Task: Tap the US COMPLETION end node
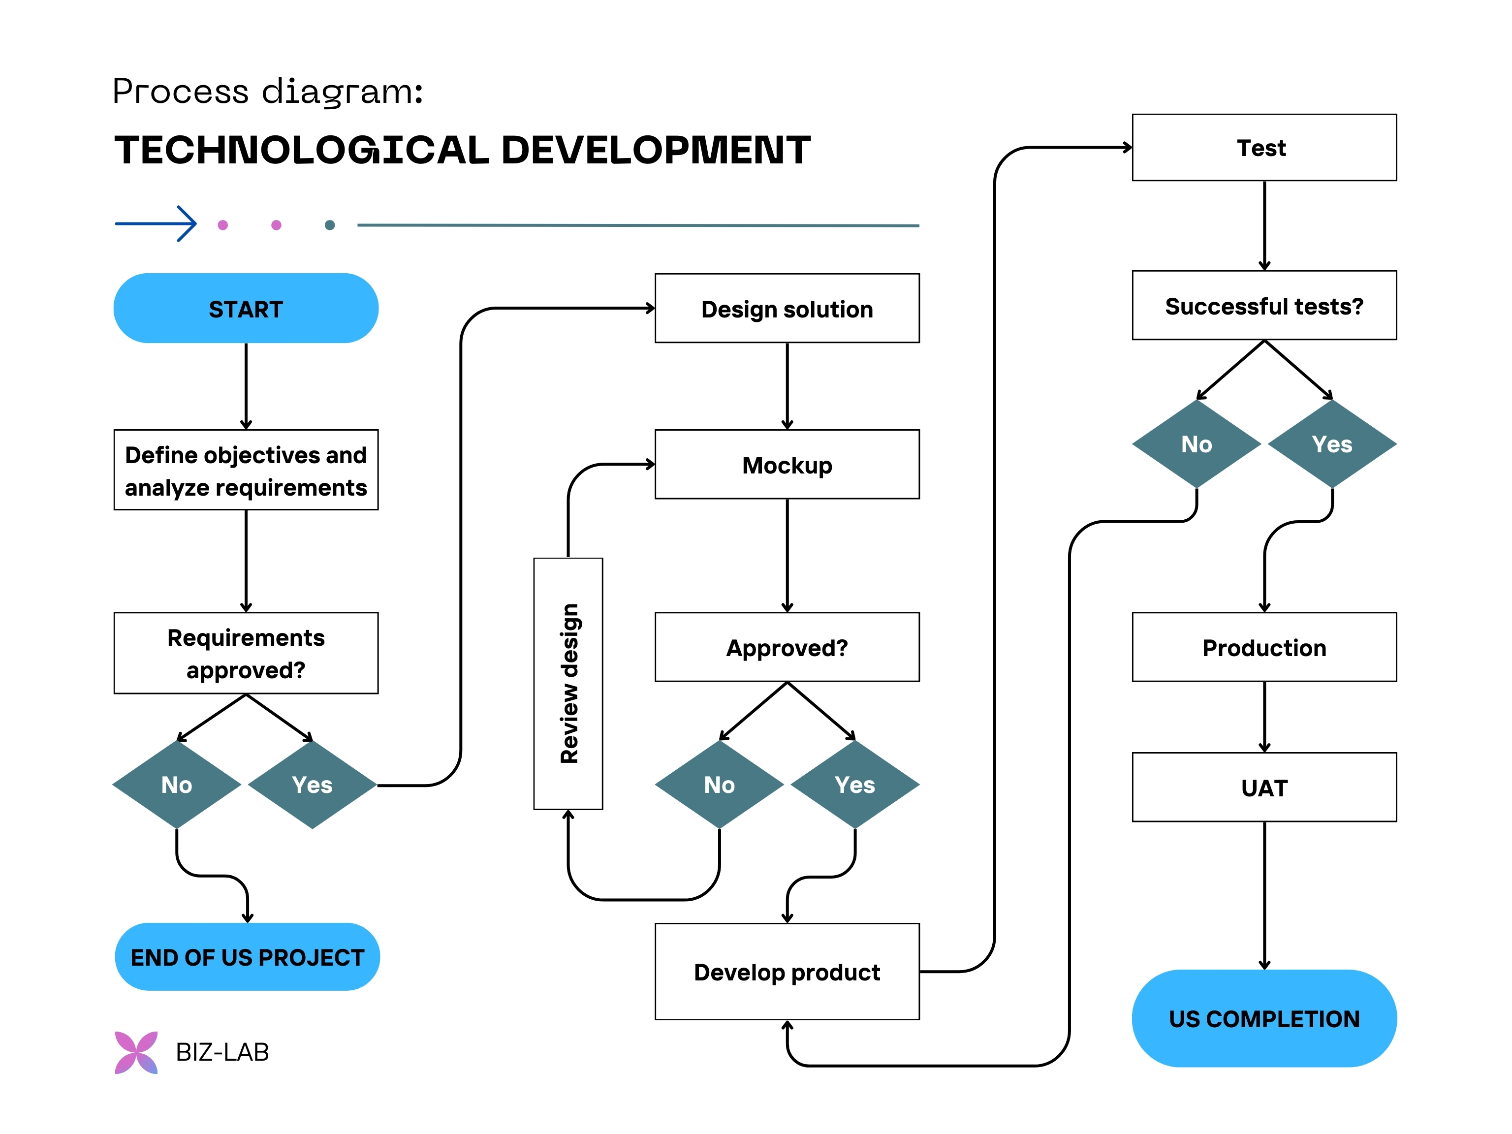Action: [x=1264, y=1018]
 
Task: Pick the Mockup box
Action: [x=787, y=465]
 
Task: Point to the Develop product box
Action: [x=787, y=971]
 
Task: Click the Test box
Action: [x=1264, y=148]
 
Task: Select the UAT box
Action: [x=1264, y=787]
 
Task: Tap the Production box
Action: [x=1264, y=647]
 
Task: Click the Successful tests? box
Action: [x=1264, y=306]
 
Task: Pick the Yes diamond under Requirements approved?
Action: [x=313, y=785]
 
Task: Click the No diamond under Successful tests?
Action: [x=1196, y=444]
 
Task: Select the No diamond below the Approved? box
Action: [x=719, y=785]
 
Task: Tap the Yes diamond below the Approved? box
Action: [x=854, y=785]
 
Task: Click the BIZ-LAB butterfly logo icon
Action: [x=136, y=1052]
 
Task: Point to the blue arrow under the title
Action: [x=156, y=223]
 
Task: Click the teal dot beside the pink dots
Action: [x=329, y=225]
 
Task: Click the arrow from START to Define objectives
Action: [x=246, y=386]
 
